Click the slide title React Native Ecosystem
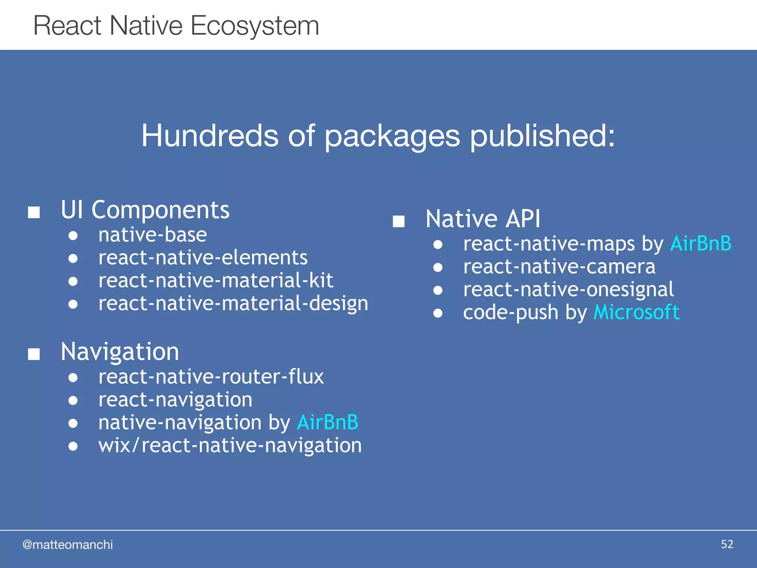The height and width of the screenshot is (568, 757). click(x=176, y=26)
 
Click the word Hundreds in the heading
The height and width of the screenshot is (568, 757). click(x=210, y=136)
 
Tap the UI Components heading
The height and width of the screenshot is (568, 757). click(x=145, y=210)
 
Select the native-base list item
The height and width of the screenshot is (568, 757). click(x=152, y=235)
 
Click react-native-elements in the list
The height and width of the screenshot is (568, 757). click(x=203, y=258)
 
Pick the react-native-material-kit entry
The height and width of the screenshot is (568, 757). click(x=215, y=280)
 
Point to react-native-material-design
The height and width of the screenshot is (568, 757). click(x=233, y=304)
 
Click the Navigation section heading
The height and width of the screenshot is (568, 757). click(x=120, y=351)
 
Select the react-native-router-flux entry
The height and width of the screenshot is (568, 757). click(x=211, y=377)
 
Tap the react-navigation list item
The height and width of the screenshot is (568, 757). click(x=175, y=400)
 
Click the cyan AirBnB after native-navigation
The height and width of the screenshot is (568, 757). click(x=327, y=422)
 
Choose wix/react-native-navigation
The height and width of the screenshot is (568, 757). click(x=230, y=445)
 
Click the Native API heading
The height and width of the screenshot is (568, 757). click(x=483, y=219)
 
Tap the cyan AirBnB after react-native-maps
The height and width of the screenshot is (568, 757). click(x=700, y=244)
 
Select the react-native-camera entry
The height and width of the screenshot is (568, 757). click(x=559, y=267)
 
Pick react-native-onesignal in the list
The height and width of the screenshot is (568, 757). click(x=568, y=290)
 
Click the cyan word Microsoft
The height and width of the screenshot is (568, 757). click(x=636, y=312)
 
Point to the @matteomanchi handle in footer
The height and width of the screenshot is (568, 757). click(x=68, y=545)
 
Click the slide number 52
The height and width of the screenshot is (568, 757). click(x=727, y=544)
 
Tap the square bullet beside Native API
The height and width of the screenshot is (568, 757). click(x=398, y=221)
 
